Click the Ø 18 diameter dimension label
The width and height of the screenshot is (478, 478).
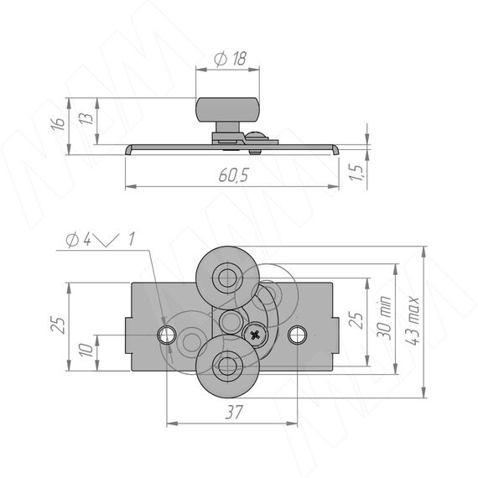[x=230, y=59]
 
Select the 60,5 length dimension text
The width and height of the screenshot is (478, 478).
[x=233, y=175]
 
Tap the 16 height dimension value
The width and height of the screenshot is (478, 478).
[x=58, y=123]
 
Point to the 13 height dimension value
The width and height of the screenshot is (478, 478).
[x=86, y=118]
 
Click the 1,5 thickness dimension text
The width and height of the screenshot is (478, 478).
[x=356, y=172]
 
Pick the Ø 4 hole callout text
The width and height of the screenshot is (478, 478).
[x=78, y=240]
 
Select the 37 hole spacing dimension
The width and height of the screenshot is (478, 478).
[x=234, y=412]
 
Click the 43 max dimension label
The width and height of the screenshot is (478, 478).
[x=412, y=320]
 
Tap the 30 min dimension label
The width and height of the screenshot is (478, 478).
[x=383, y=318]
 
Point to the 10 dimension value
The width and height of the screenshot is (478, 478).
[x=86, y=350]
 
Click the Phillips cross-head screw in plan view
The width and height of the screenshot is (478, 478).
[x=255, y=335]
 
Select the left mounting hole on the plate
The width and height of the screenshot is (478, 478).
[x=167, y=335]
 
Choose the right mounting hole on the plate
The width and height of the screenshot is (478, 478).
[x=297, y=335]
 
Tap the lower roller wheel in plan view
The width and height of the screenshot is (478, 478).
[x=227, y=366]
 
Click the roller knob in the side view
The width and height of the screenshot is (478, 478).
[x=227, y=110]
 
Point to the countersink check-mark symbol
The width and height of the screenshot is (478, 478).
[x=107, y=240]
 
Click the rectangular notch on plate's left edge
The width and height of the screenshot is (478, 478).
[x=128, y=335]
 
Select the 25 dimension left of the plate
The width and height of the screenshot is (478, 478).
[x=58, y=325]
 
